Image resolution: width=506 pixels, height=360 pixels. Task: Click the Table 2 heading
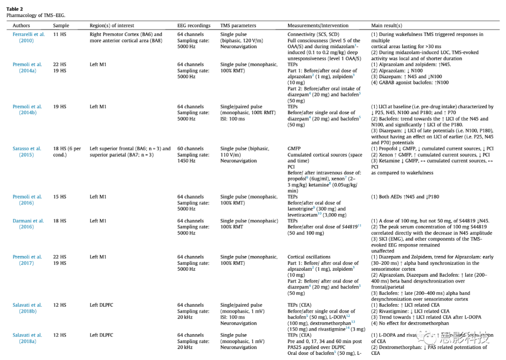15,9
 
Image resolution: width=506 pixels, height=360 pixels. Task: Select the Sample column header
61,25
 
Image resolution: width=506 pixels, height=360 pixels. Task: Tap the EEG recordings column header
193,25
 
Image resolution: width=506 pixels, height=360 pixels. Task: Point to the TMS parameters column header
238,25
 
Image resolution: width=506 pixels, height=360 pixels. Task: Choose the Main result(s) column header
387,25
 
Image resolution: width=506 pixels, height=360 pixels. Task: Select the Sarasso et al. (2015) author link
27,152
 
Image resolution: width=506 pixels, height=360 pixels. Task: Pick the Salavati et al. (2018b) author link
27,308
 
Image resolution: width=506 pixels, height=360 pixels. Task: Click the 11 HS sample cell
60,35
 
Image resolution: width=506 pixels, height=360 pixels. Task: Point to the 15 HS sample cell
60,197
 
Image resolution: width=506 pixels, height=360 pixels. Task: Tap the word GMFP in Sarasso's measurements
294,149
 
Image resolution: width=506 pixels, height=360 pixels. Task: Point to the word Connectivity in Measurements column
301,35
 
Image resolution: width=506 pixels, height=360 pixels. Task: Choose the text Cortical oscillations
309,257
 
